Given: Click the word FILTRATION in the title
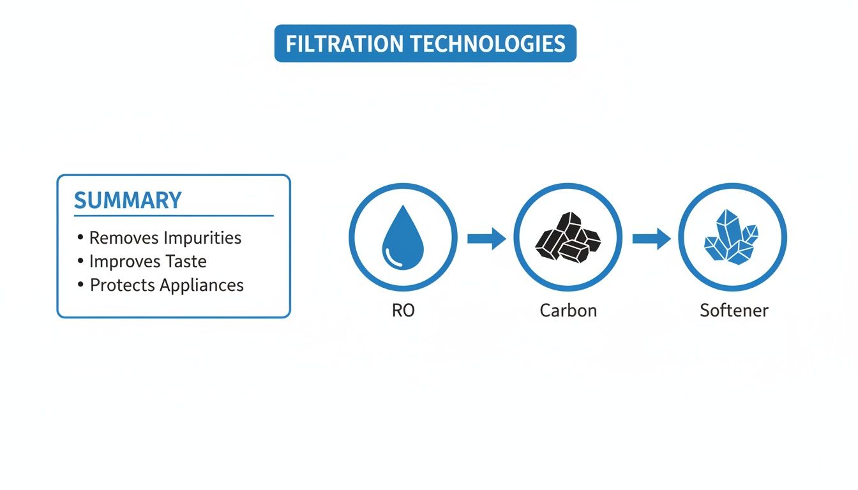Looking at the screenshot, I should pos(343,44).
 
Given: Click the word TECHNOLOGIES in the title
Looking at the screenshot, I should pos(486,44).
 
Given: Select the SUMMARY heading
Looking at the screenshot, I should pos(128,200).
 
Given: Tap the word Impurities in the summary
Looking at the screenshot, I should pos(202,238).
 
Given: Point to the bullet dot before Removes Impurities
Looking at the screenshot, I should pos(80,237).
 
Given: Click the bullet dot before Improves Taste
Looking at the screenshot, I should pos(80,261).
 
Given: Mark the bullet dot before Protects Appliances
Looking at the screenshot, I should pos(80,285).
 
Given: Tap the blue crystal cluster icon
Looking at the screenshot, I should pos(732,237).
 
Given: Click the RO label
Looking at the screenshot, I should pos(403,311).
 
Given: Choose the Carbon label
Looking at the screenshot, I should pos(568,311).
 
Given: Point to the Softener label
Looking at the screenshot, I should pos(734,311).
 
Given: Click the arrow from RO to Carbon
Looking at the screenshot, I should pos(486,239).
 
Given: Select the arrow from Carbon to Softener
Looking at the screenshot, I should pos(651,239).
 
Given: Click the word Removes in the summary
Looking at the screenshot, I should pos(124,238).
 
